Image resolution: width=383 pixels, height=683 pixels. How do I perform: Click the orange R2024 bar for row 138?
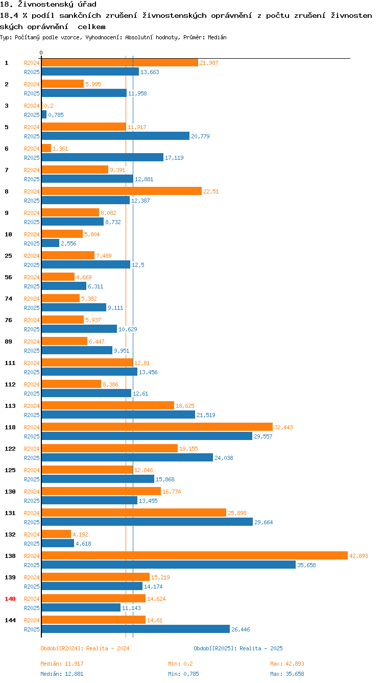[x=194, y=555]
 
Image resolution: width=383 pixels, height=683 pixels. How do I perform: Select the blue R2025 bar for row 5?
[x=115, y=136]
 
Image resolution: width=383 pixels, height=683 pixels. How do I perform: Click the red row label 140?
[x=10, y=599]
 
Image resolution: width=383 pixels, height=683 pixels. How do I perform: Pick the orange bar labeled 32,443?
[x=157, y=427]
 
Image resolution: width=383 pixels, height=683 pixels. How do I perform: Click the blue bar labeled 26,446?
[x=135, y=629]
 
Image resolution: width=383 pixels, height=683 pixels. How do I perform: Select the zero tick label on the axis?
[x=41, y=53]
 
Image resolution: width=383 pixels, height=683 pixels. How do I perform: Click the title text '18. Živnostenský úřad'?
[x=48, y=5]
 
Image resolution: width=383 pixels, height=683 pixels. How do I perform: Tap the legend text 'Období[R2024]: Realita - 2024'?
[x=85, y=648]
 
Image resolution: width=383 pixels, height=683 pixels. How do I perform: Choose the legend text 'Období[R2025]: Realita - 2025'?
[x=238, y=648]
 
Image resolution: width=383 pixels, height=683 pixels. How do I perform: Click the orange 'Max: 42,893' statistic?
[x=287, y=664]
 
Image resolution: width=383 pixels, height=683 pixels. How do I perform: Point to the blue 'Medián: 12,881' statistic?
[x=62, y=674]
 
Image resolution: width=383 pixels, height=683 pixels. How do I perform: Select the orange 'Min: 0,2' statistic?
[x=180, y=664]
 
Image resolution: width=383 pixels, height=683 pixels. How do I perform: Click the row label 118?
[x=10, y=427]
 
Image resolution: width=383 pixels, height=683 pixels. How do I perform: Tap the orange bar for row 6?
[x=46, y=148]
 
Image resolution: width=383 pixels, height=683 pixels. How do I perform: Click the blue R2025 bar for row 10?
[x=50, y=243]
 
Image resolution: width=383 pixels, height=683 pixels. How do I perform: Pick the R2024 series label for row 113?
[x=32, y=406]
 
